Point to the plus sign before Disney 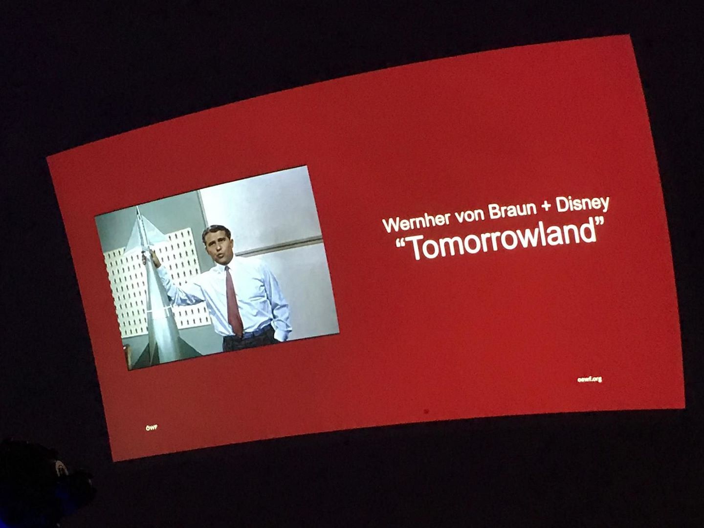[546, 206]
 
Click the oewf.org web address [590, 379]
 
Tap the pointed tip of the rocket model [137, 209]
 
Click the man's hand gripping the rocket [154, 258]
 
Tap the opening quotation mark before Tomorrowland [401, 244]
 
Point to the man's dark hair [215, 231]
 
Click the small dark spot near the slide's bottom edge [426, 411]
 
